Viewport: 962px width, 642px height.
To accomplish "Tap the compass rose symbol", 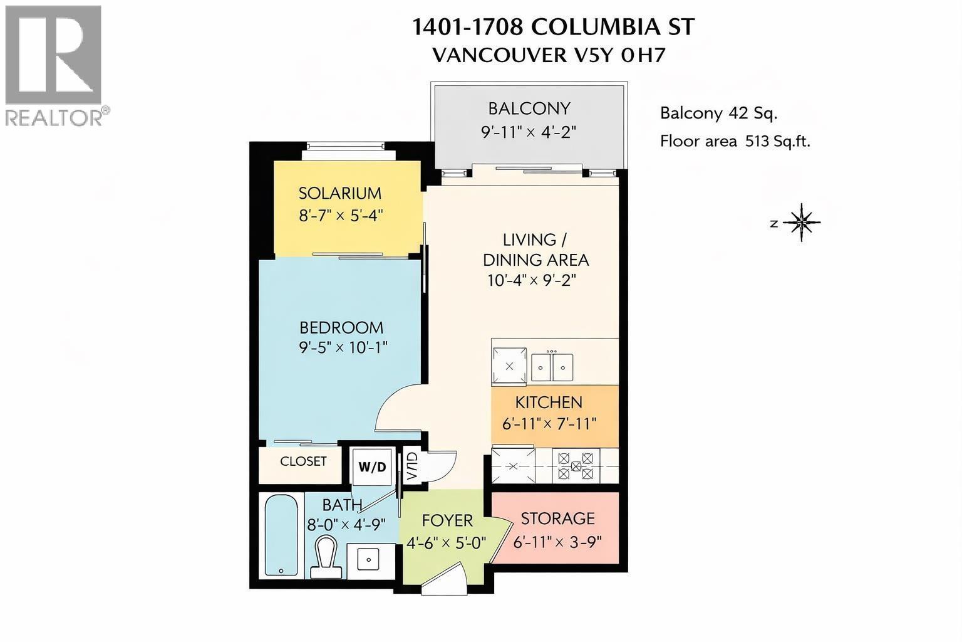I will point(802,222).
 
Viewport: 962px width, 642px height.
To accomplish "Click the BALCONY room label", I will point(529,108).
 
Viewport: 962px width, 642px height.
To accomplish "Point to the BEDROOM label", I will point(341,327).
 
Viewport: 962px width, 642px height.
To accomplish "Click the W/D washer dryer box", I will point(372,467).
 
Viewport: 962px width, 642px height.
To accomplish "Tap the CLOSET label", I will point(303,461).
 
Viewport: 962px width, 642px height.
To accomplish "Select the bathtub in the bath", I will point(281,534).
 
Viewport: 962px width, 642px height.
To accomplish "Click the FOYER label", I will point(447,520).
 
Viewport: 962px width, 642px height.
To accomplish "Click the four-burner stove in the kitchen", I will point(576,466).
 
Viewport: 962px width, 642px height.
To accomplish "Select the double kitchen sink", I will point(552,367).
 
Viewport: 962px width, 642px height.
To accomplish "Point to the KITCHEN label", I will point(549,402).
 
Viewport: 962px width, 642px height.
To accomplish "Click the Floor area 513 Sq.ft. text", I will point(735,141).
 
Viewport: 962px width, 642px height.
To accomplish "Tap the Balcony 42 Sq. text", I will point(718,113).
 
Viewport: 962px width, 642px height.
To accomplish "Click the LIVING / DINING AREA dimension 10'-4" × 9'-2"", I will point(531,280).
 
